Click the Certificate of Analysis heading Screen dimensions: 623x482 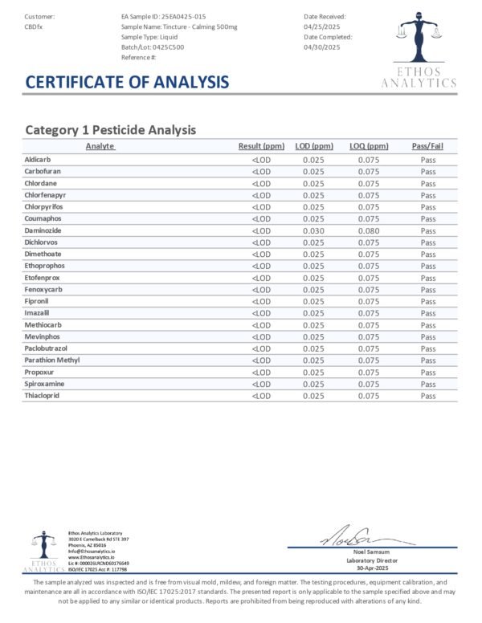coord(127,82)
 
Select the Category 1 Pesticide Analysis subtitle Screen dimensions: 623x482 coord(111,129)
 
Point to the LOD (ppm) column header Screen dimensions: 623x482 coord(313,146)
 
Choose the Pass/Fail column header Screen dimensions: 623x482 coord(427,146)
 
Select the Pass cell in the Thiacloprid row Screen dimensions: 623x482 coord(427,396)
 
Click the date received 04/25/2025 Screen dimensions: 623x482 coord(324,26)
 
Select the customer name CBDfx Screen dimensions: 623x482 coord(35,26)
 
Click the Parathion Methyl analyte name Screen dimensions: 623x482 coord(53,360)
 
